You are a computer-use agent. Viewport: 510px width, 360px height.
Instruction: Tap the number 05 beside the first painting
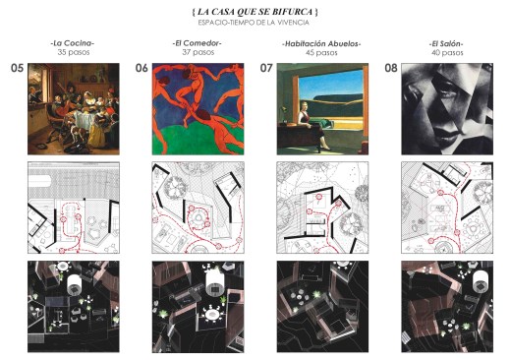(18, 68)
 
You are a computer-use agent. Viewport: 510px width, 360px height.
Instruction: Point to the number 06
(142, 68)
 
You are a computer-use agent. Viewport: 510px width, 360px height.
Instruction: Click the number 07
(266, 68)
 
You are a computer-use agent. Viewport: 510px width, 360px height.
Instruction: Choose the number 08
(391, 68)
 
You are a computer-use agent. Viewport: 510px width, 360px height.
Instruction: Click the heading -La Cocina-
(73, 43)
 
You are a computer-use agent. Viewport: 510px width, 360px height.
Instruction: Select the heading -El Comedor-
(198, 43)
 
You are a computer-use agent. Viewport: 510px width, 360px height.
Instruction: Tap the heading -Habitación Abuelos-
(321, 43)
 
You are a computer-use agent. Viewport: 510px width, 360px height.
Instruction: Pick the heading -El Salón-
(447, 43)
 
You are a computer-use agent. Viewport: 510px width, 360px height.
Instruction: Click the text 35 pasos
(74, 52)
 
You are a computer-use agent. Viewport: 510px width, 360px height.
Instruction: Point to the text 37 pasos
(198, 52)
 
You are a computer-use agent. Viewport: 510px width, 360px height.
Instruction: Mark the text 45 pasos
(321, 52)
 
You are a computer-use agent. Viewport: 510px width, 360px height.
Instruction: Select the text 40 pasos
(447, 52)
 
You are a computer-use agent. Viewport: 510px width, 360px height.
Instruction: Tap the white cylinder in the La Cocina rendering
(75, 284)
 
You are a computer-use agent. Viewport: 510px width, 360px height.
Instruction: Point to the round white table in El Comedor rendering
(211, 315)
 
